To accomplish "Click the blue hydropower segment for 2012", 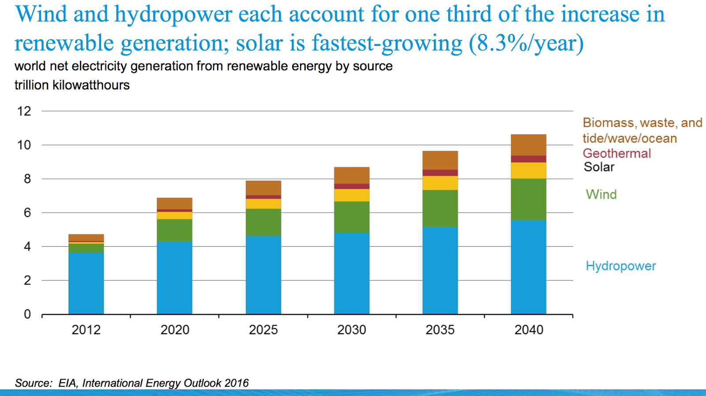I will (x=86, y=283).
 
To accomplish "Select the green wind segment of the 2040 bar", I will (x=528, y=199).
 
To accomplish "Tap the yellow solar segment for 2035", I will (x=440, y=183).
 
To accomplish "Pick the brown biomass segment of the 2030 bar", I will (x=352, y=175).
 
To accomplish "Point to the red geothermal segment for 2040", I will (x=528, y=159).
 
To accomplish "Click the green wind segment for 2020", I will (x=174, y=230).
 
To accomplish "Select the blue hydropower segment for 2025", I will (x=263, y=275).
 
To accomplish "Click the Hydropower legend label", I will (x=620, y=266).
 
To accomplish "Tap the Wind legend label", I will (x=601, y=194).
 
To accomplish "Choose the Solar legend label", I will (x=599, y=167).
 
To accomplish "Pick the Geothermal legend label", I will (x=616, y=153).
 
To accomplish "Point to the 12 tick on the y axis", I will (x=24, y=111).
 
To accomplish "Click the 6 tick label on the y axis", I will (x=27, y=213).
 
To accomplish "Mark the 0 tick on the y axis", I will (x=27, y=314).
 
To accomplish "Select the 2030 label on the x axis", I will (x=352, y=330).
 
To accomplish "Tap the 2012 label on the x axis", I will (x=86, y=330).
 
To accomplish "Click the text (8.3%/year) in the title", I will (x=526, y=43).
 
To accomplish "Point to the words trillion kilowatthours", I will (x=72, y=85).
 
